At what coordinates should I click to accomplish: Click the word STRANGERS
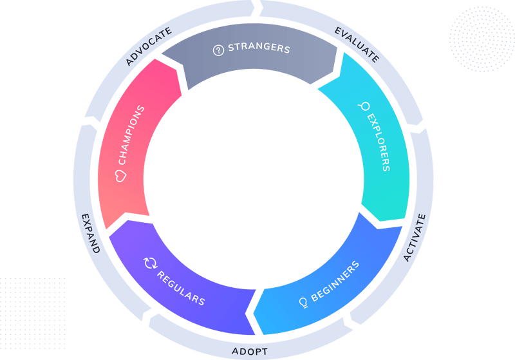coord(259,49)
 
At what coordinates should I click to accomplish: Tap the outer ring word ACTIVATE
coord(415,237)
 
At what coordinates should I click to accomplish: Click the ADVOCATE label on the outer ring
coord(149,46)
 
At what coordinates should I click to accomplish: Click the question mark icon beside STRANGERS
coord(218,50)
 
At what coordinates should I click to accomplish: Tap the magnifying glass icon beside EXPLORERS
coord(365,106)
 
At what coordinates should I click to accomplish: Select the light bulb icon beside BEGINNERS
coord(303,301)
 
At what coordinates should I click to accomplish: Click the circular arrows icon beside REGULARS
coord(149,262)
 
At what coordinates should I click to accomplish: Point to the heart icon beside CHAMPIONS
coord(119,175)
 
